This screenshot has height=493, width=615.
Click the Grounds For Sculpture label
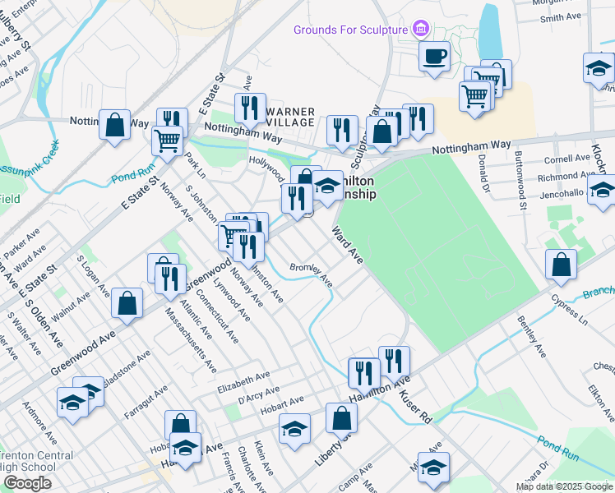tap(351, 30)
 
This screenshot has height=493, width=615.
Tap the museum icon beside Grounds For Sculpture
tap(421, 30)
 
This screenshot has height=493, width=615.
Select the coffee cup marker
tap(434, 58)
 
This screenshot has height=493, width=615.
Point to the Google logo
tap(27, 483)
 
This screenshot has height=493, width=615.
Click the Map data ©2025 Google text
tap(564, 486)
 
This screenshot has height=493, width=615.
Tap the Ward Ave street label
tap(348, 245)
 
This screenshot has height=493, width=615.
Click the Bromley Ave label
tap(312, 274)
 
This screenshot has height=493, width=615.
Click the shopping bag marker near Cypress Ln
tap(560, 265)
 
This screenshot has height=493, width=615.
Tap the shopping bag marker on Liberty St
tap(341, 418)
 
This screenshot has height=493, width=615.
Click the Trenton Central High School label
tap(26, 463)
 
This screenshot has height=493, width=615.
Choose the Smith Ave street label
tap(561, 17)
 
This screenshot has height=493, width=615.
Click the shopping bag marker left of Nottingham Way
tap(115, 126)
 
